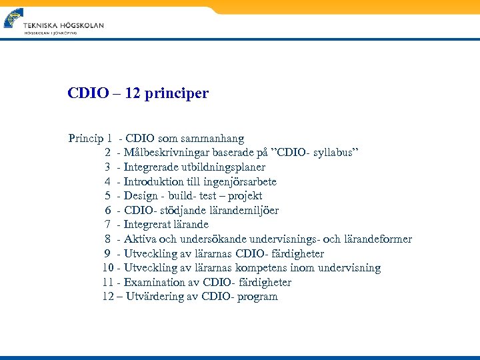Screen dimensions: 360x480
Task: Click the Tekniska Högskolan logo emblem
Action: (13, 17)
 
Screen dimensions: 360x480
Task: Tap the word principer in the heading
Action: (181, 93)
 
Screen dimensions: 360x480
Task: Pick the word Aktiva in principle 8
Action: (139, 239)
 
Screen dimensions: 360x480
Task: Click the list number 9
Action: (107, 254)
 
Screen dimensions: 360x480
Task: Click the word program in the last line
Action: (257, 297)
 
